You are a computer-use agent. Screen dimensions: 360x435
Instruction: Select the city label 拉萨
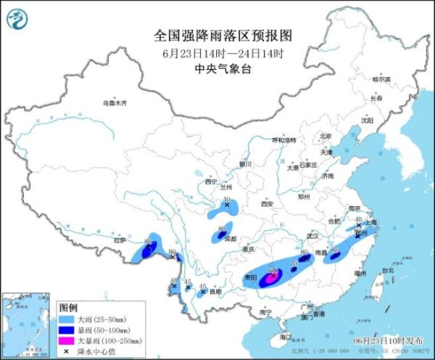(x=120, y=240)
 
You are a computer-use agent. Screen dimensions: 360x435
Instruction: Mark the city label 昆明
(x=215, y=292)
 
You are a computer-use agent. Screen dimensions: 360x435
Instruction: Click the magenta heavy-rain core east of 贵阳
(x=272, y=275)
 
